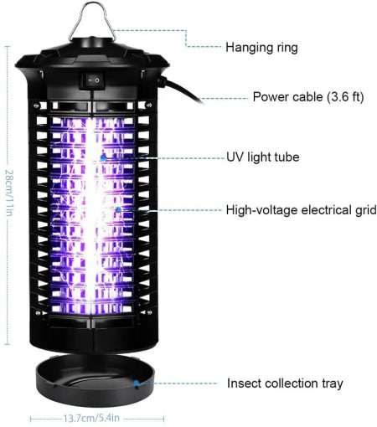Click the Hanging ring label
click(x=261, y=48)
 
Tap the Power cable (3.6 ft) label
click(x=308, y=97)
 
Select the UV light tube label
click(x=263, y=157)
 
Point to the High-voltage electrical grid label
click(x=302, y=210)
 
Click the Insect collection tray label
click(x=285, y=383)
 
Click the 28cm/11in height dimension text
click(x=9, y=193)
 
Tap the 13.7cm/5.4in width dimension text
click(x=91, y=418)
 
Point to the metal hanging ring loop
click(x=91, y=20)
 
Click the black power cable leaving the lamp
click(x=182, y=91)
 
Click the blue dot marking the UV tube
click(x=103, y=158)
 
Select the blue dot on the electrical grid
click(x=118, y=209)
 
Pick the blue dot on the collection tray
click(x=137, y=383)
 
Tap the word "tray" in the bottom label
click(x=333, y=383)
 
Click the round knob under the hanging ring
click(x=92, y=43)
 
